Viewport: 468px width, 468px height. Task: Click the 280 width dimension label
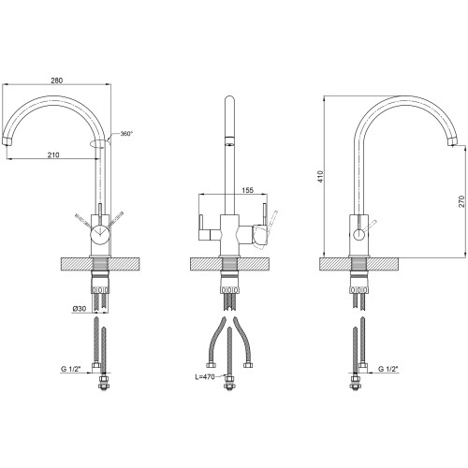point(56,80)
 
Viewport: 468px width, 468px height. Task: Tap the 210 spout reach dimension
point(53,154)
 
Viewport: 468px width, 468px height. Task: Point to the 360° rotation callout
point(126,134)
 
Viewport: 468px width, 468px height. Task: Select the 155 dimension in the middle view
point(247,190)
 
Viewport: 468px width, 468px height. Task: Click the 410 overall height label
point(321,176)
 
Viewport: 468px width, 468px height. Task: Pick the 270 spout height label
point(461,201)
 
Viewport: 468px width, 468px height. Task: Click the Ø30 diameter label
point(80,309)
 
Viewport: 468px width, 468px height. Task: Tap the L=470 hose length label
point(205,377)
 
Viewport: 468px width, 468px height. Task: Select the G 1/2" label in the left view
point(70,369)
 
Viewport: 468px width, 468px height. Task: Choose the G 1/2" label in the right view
point(388,369)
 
